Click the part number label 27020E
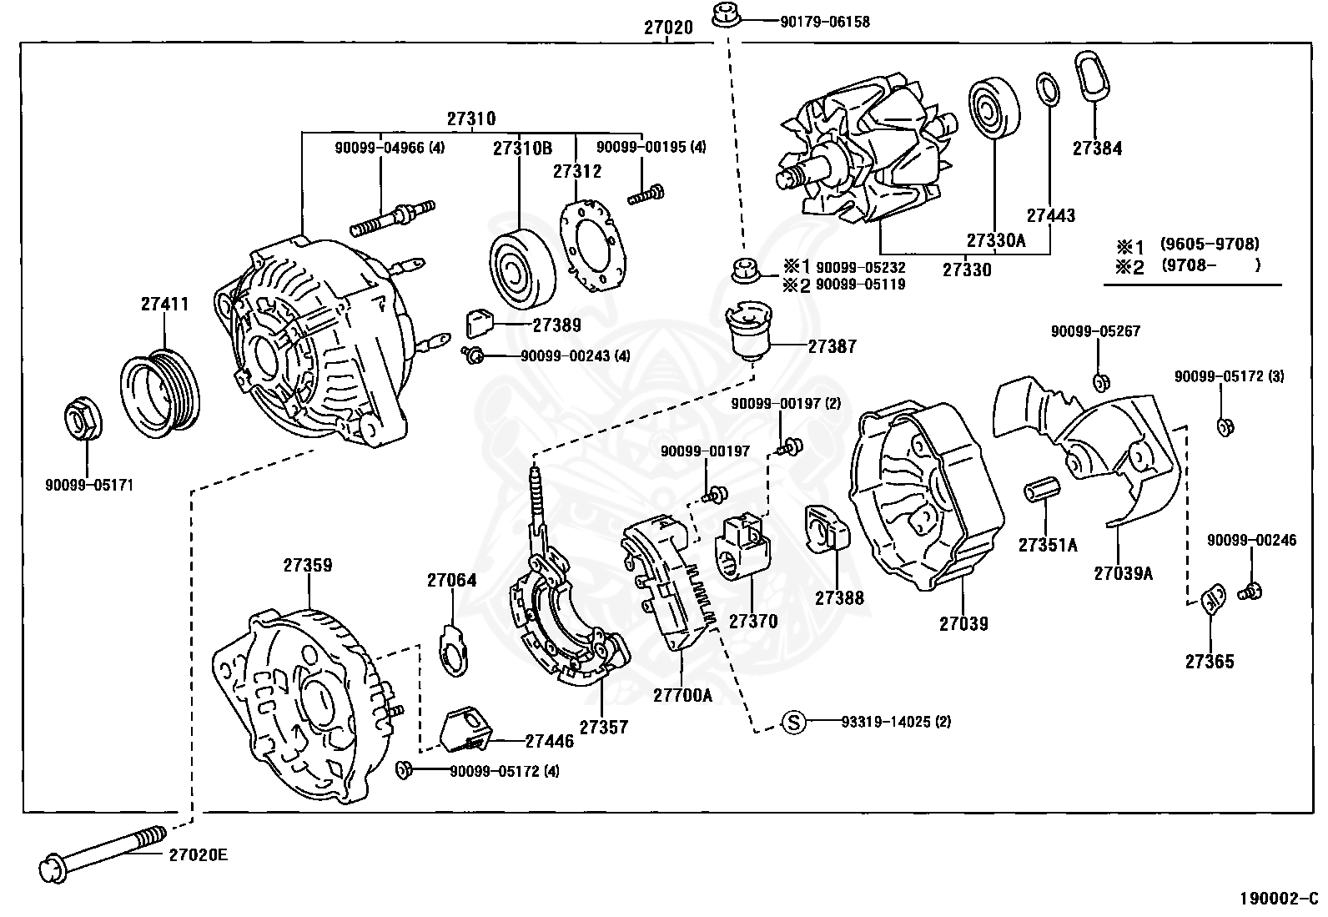(198, 855)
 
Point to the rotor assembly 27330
(863, 154)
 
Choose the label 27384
(1097, 149)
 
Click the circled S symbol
(794, 722)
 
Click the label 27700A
(682, 694)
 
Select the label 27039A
(1124, 572)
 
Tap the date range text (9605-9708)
(1209, 244)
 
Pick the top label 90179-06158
(824, 22)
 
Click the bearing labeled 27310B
(521, 269)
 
